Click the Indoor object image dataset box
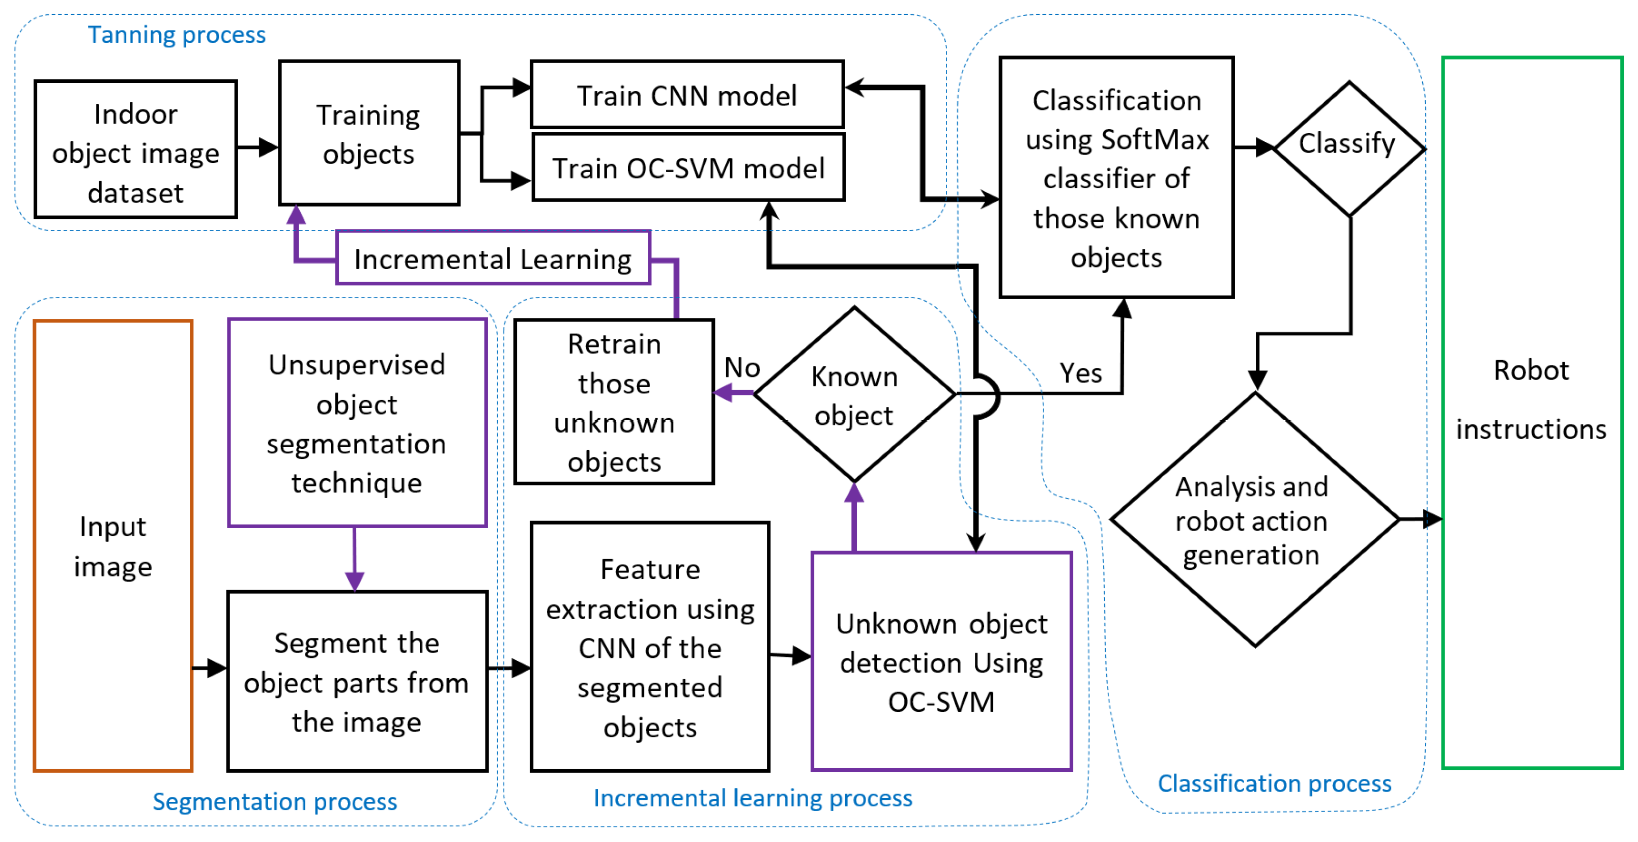[x=135, y=150]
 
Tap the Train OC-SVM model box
[x=688, y=168]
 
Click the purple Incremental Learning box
[x=493, y=258]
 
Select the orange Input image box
[x=113, y=545]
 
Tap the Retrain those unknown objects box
[x=614, y=402]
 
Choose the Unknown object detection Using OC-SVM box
[x=941, y=661]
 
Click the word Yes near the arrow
[x=1080, y=372]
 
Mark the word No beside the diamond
[x=742, y=367]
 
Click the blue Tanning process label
[x=176, y=35]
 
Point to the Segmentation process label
[x=275, y=801]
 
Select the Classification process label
[x=1274, y=783]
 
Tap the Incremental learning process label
[x=753, y=798]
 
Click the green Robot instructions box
[x=1532, y=413]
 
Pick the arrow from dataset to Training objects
[x=257, y=148]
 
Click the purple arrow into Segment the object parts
[x=355, y=560]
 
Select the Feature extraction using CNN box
[x=650, y=647]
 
